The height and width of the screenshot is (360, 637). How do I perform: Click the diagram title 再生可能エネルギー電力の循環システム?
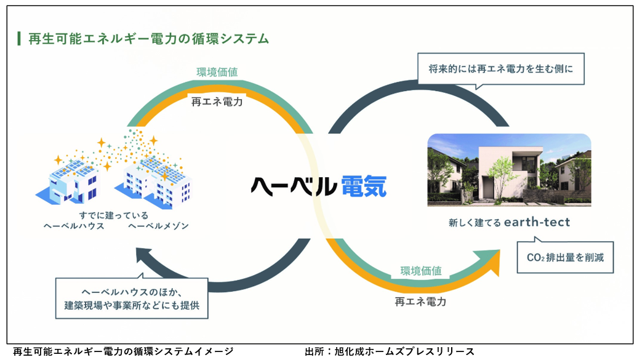149,39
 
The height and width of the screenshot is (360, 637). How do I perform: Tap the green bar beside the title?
18,39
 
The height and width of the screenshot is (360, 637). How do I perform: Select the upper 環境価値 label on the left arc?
217,73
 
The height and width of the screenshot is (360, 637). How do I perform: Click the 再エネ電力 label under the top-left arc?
217,102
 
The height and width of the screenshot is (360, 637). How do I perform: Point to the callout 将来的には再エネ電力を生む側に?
501,69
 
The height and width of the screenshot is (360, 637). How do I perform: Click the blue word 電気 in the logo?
364,186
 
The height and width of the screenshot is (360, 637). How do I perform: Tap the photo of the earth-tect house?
509,170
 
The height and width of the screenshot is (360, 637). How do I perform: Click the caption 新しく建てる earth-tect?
509,222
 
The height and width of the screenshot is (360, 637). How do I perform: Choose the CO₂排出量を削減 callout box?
565,257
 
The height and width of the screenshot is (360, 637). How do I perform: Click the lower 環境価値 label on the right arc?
421,271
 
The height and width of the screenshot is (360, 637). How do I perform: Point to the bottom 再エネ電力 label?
420,302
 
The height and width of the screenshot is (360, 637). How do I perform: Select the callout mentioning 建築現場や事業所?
132,298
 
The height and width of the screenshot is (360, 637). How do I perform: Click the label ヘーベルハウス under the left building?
74,226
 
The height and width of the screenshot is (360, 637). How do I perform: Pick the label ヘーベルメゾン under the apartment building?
158,226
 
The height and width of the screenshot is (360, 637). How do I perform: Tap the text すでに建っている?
114,215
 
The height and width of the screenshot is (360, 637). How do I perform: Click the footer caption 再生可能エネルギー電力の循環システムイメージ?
123,351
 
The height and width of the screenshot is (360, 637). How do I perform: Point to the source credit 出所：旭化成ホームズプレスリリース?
390,351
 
